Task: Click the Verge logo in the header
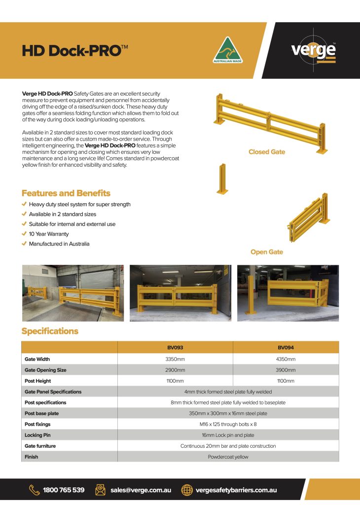[313, 50]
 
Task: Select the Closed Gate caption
[267, 152]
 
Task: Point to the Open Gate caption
[267, 252]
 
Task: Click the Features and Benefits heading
[66, 193]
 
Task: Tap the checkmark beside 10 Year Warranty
[25, 234]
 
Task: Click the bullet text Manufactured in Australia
[59, 244]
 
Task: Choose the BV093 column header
[175, 347]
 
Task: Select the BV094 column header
[286, 347]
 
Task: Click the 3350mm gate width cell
[175, 359]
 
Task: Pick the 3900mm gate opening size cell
[286, 370]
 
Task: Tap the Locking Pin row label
[37, 435]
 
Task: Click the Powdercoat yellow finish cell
[228, 457]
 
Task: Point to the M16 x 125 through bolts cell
[228, 424]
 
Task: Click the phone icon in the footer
[34, 490]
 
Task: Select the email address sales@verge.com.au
[141, 490]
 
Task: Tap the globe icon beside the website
[187, 490]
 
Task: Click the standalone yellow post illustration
[222, 179]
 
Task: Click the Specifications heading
[50, 331]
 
